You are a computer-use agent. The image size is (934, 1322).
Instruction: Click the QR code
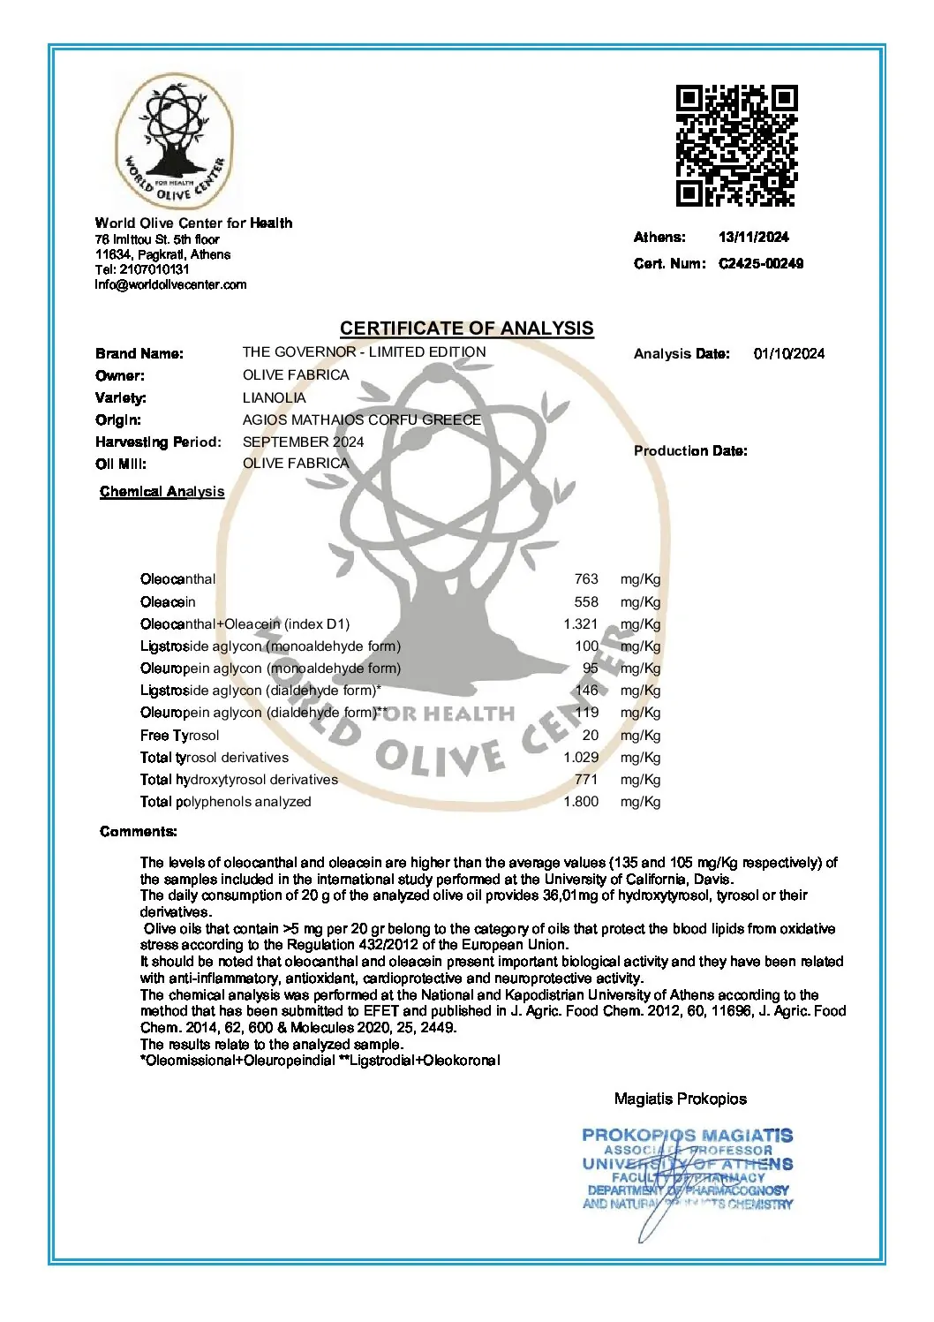click(x=736, y=146)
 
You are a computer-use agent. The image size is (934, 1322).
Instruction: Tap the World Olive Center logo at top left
click(x=175, y=141)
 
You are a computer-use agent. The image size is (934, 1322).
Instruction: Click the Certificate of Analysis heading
click(x=466, y=329)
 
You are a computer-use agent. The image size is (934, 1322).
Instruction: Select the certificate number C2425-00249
click(x=761, y=263)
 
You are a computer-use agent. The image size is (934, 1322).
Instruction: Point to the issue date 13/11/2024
click(x=753, y=237)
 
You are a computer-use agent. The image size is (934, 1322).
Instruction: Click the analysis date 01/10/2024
click(x=788, y=353)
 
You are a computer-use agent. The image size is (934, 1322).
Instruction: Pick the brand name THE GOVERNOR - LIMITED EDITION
click(x=364, y=351)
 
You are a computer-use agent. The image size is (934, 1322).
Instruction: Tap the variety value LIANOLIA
click(x=274, y=397)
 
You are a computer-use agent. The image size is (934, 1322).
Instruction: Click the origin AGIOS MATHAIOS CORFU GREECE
click(x=361, y=419)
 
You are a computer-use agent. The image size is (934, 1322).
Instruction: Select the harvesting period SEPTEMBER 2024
click(x=303, y=442)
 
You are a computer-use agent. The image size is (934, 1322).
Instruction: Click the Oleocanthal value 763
click(x=585, y=579)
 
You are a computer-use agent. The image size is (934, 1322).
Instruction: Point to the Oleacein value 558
click(x=585, y=601)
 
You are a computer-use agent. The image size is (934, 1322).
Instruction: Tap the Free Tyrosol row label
click(x=179, y=735)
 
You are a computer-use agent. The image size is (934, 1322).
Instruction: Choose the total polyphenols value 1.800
click(x=581, y=802)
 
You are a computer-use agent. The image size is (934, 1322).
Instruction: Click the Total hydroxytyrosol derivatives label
click(x=238, y=780)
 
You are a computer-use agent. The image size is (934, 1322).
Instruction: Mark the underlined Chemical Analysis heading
click(x=162, y=492)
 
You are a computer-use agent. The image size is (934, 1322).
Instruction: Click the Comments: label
click(x=138, y=831)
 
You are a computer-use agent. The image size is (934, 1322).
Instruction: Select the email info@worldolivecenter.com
click(x=170, y=284)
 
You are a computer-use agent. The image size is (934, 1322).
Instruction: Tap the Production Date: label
click(x=689, y=450)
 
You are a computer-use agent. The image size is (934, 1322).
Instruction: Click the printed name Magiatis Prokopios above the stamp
click(x=680, y=1099)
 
